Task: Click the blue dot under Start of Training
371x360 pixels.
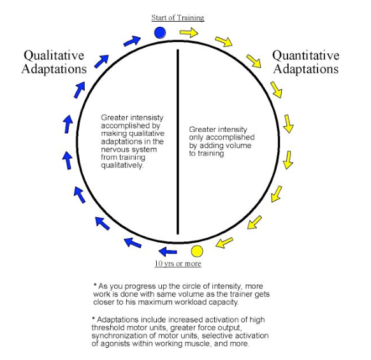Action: [160, 32]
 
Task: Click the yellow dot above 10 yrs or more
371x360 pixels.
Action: [197, 251]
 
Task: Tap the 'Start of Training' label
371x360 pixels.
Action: [178, 18]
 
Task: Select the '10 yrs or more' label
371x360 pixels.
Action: [178, 264]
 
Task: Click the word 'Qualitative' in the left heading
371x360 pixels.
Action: [54, 56]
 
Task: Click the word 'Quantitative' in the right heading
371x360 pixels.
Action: [306, 56]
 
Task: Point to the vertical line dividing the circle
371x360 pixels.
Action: [178, 141]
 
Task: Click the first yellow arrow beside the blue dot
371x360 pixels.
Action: [189, 32]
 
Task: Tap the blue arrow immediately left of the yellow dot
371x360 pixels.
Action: [168, 252]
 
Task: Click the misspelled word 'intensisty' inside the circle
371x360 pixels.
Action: [147, 117]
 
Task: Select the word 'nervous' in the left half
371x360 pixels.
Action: [113, 150]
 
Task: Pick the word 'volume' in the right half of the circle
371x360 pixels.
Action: [238, 145]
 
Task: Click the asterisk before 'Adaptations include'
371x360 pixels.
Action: [94, 319]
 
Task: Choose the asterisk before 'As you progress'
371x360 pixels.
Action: [95, 285]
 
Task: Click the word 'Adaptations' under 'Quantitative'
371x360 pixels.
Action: [306, 69]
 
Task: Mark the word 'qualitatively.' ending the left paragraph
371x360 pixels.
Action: [122, 165]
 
